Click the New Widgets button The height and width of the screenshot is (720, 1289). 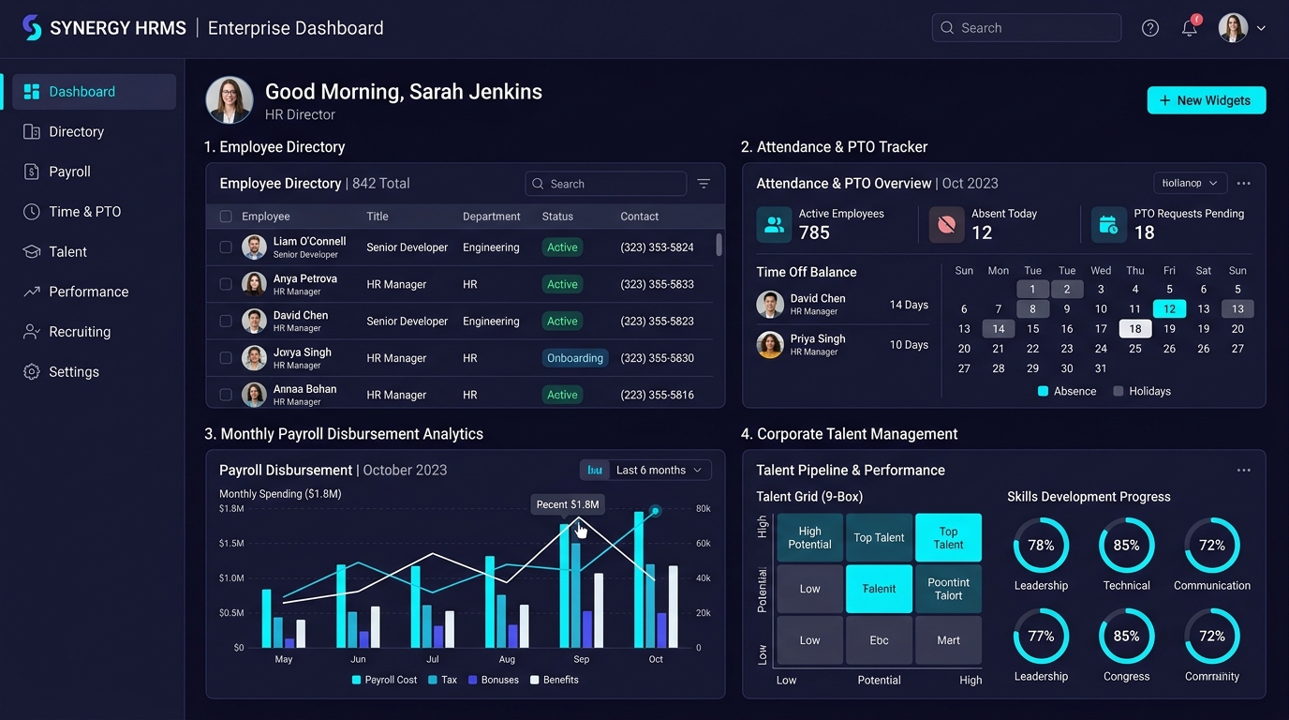tap(1207, 100)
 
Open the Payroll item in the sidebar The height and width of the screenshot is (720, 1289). tap(69, 172)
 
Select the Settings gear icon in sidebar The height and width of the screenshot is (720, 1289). tap(32, 371)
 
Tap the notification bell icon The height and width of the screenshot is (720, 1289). tap(1190, 27)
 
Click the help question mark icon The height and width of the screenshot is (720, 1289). tap(1149, 27)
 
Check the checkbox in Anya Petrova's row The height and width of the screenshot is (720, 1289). tap(226, 284)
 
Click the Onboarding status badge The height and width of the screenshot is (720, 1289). tap(574, 358)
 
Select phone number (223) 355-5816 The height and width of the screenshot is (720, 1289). tap(657, 395)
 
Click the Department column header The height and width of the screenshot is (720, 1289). tap(491, 216)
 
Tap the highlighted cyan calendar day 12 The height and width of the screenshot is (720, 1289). tap(1169, 308)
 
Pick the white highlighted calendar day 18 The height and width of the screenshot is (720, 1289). tap(1134, 328)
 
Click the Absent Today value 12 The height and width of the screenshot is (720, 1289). tap(982, 232)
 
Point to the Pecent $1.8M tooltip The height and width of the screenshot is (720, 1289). tap(568, 504)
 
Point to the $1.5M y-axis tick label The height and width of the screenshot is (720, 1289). tap(231, 543)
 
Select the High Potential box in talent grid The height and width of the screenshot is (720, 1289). tap(809, 537)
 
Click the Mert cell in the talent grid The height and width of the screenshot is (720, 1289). tap(948, 640)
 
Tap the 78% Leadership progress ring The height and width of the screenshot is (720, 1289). tap(1041, 545)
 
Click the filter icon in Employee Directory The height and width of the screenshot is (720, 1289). tap(704, 183)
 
